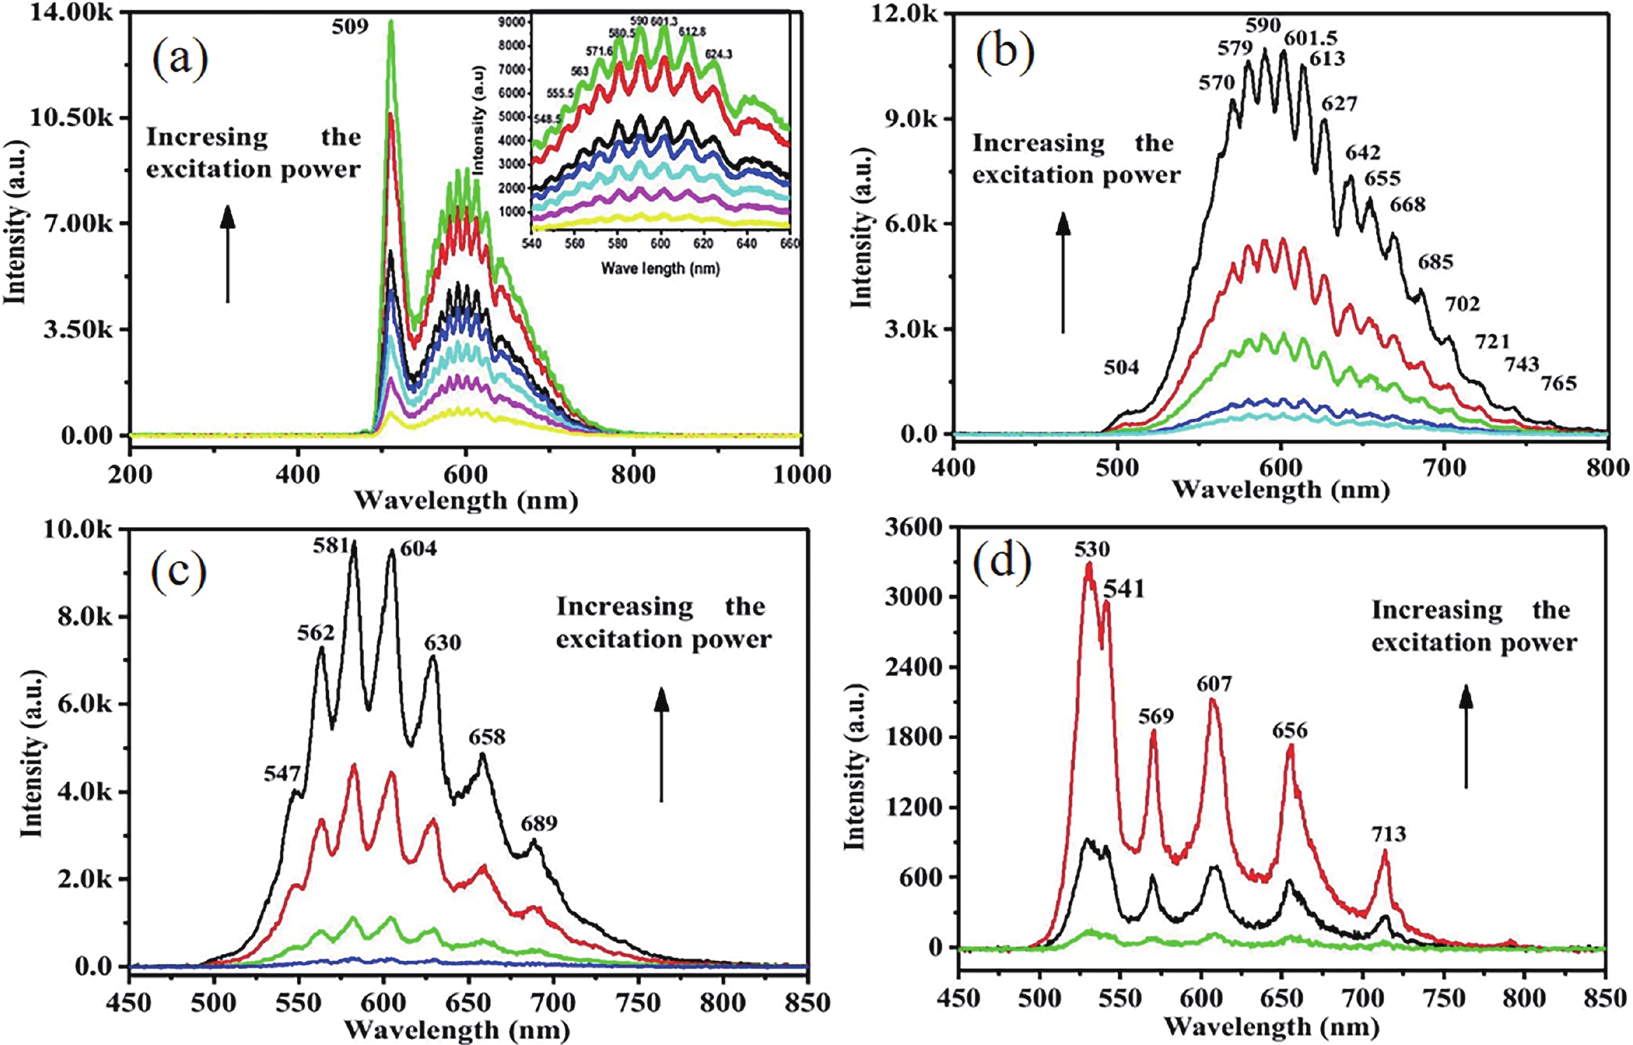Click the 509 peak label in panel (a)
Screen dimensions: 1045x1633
coord(350,27)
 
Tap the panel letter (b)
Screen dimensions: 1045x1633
coord(1004,52)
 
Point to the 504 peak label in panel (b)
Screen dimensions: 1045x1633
coord(1120,368)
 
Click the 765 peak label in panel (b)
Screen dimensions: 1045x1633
coord(1558,384)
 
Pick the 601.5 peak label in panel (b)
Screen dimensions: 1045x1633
coord(1310,39)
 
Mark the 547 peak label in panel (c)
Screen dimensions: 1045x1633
coord(281,774)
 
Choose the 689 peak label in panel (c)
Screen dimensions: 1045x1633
coord(539,824)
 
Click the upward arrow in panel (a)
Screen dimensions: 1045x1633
coord(228,255)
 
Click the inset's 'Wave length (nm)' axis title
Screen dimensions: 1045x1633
coord(659,269)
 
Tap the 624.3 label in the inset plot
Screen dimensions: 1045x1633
coord(718,55)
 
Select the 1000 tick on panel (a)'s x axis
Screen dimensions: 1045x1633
coord(802,475)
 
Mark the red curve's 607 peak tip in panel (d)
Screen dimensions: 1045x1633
coord(1213,701)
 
